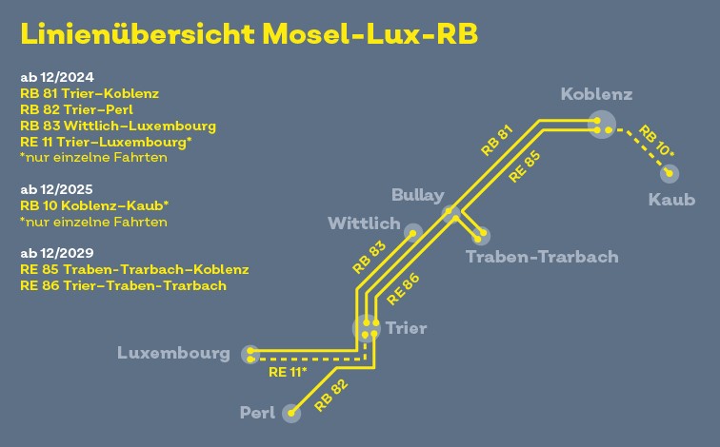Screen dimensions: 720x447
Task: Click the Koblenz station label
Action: click(x=596, y=94)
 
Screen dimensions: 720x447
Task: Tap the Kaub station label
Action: click(x=671, y=200)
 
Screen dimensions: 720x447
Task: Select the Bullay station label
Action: click(x=418, y=195)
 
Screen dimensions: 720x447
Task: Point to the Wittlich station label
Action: click(x=364, y=223)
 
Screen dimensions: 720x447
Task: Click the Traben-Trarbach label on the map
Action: click(x=542, y=257)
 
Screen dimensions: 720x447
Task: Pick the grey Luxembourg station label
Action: click(x=173, y=353)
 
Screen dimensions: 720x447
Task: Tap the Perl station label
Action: click(x=257, y=413)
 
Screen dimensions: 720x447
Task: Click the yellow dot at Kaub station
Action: click(x=669, y=173)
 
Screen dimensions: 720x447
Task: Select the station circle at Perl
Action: click(x=291, y=414)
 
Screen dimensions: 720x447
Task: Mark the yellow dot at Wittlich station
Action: click(x=412, y=234)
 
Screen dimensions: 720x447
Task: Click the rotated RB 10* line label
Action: click(x=656, y=141)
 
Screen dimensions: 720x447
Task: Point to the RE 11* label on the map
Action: click(x=288, y=372)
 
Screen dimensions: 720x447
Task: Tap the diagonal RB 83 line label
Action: click(x=370, y=258)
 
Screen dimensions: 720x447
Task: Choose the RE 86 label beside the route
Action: click(x=403, y=289)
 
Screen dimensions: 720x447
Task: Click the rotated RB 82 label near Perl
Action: click(x=331, y=396)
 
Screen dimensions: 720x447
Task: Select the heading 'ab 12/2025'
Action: click(x=56, y=189)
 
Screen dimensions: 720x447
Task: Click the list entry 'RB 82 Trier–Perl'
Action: click(x=77, y=109)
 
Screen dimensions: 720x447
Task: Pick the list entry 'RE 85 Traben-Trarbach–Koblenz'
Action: click(x=134, y=269)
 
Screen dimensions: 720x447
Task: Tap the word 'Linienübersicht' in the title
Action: click(x=138, y=34)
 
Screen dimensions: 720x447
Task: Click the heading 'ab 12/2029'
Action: click(x=57, y=253)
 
